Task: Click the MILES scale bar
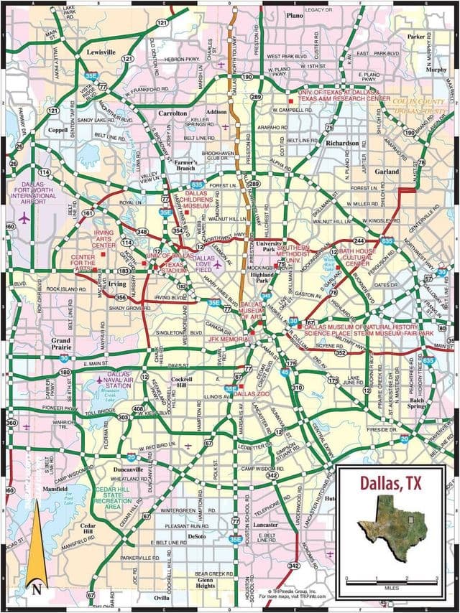pyautogui.click(x=391, y=581)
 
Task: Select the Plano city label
pyautogui.click(x=295, y=15)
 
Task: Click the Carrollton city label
pyautogui.click(x=172, y=113)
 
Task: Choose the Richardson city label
pyautogui.click(x=341, y=144)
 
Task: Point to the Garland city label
pyautogui.click(x=387, y=172)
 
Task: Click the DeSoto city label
pyautogui.click(x=197, y=536)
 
